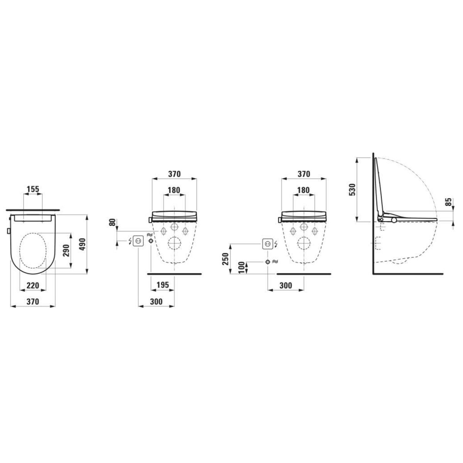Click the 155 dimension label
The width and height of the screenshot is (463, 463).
(33, 189)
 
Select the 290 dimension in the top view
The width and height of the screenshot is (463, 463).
(66, 250)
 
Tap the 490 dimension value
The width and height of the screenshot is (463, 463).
(83, 244)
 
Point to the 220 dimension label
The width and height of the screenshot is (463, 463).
(33, 286)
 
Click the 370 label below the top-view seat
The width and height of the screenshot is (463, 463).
(33, 301)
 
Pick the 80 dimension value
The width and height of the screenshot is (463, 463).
(112, 222)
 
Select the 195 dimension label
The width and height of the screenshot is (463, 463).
(163, 285)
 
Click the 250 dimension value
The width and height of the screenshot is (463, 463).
(225, 259)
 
